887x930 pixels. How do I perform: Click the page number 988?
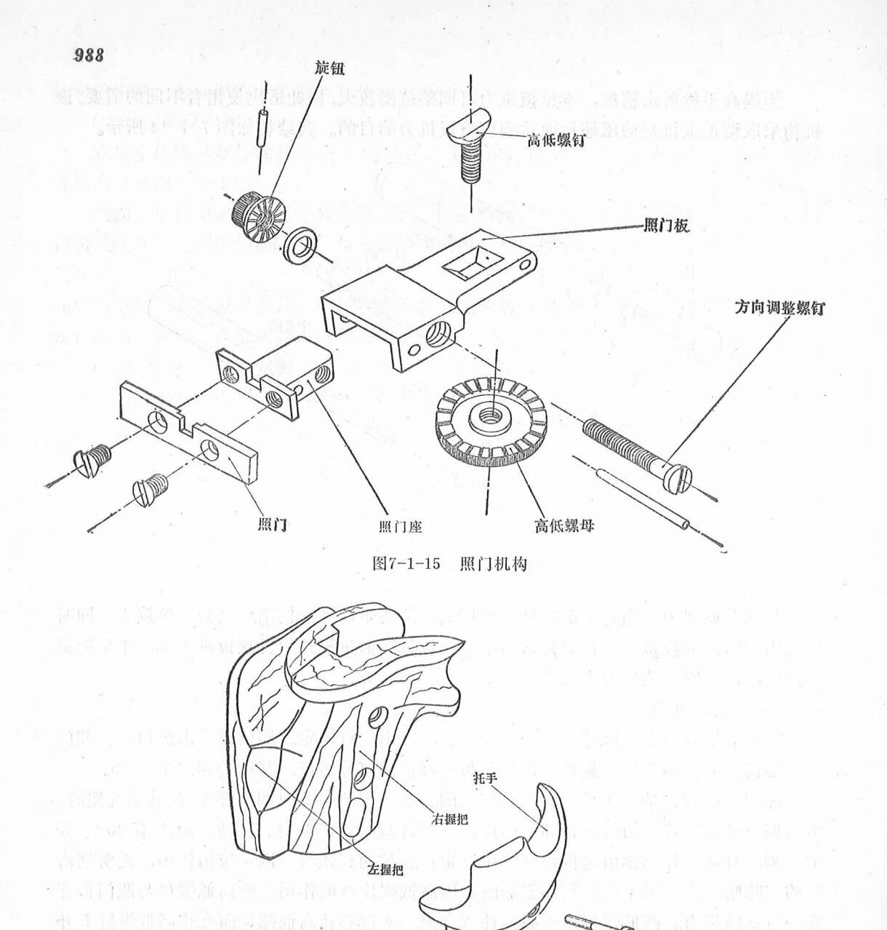click(x=89, y=55)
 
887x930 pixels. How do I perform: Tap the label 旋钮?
click(x=329, y=69)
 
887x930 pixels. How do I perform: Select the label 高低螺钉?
click(x=555, y=141)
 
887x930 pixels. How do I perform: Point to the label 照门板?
click(x=665, y=227)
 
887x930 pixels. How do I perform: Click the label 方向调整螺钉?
click(x=779, y=308)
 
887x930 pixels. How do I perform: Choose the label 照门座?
click(x=400, y=525)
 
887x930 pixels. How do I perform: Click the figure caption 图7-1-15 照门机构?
click(x=449, y=564)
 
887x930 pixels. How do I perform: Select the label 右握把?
click(x=449, y=819)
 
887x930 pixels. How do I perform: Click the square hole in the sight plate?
click(x=470, y=264)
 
